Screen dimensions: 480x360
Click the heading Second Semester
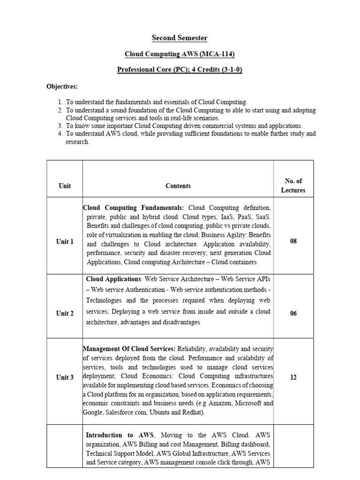click(180, 38)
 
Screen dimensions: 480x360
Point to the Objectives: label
click(62, 86)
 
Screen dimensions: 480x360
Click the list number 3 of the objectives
click(60, 126)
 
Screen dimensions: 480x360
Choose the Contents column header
click(178, 186)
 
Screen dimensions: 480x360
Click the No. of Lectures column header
click(293, 186)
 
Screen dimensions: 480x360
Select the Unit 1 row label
click(65, 242)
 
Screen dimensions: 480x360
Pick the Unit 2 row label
click(65, 314)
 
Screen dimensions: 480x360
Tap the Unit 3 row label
click(65, 377)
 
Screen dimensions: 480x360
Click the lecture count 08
click(293, 241)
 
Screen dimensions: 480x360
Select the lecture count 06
click(293, 314)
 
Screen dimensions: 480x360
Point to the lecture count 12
click(293, 377)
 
